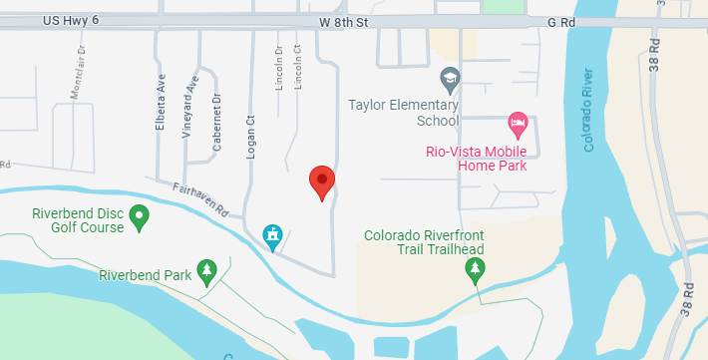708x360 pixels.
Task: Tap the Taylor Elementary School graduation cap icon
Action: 450,78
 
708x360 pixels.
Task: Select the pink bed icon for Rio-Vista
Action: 518,125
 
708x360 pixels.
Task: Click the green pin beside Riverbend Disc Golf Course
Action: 140,214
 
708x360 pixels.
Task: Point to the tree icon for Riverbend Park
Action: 206,270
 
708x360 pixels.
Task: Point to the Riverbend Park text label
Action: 146,275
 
